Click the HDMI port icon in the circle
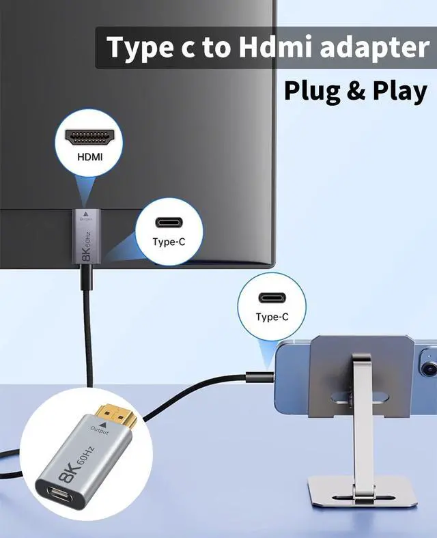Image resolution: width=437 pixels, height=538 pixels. [x=89, y=136]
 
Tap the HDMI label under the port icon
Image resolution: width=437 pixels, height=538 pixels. [x=89, y=156]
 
